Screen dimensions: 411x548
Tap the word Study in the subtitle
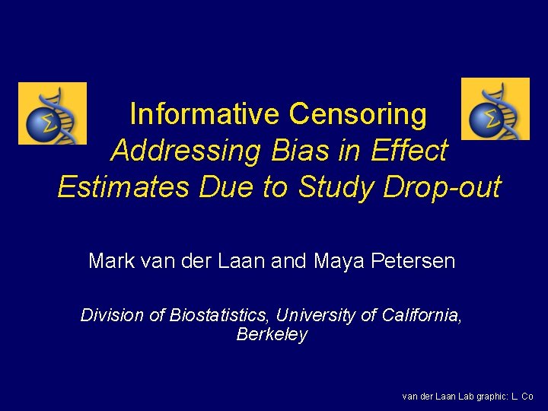(336, 187)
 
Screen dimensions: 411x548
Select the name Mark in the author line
(111, 262)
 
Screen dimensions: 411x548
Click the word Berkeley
(272, 335)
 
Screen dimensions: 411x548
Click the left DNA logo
(53, 113)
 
